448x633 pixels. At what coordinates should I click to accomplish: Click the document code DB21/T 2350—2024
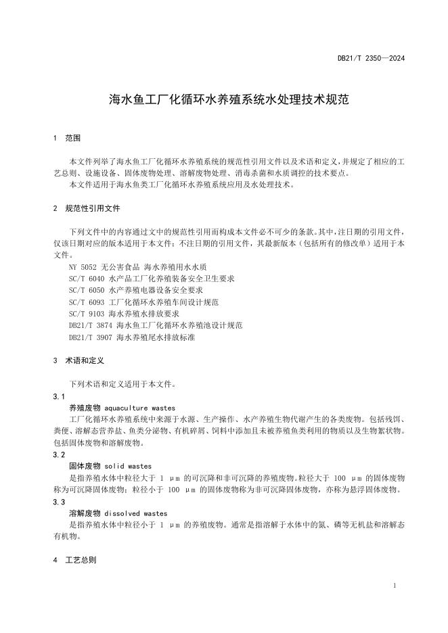click(x=371, y=59)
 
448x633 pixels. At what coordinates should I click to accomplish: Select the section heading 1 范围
click(x=67, y=138)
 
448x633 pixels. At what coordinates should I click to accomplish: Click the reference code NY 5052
click(x=84, y=268)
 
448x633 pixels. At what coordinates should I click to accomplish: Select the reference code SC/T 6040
click(x=87, y=279)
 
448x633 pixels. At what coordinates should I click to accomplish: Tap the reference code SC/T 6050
click(x=87, y=291)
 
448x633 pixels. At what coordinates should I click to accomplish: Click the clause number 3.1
click(x=58, y=396)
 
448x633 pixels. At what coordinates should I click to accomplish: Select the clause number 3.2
click(x=58, y=455)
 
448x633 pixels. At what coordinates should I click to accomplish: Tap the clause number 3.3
click(x=58, y=502)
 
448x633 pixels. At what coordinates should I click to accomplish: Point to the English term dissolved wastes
click(x=136, y=514)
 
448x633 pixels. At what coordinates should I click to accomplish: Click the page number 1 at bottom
click(x=394, y=586)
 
